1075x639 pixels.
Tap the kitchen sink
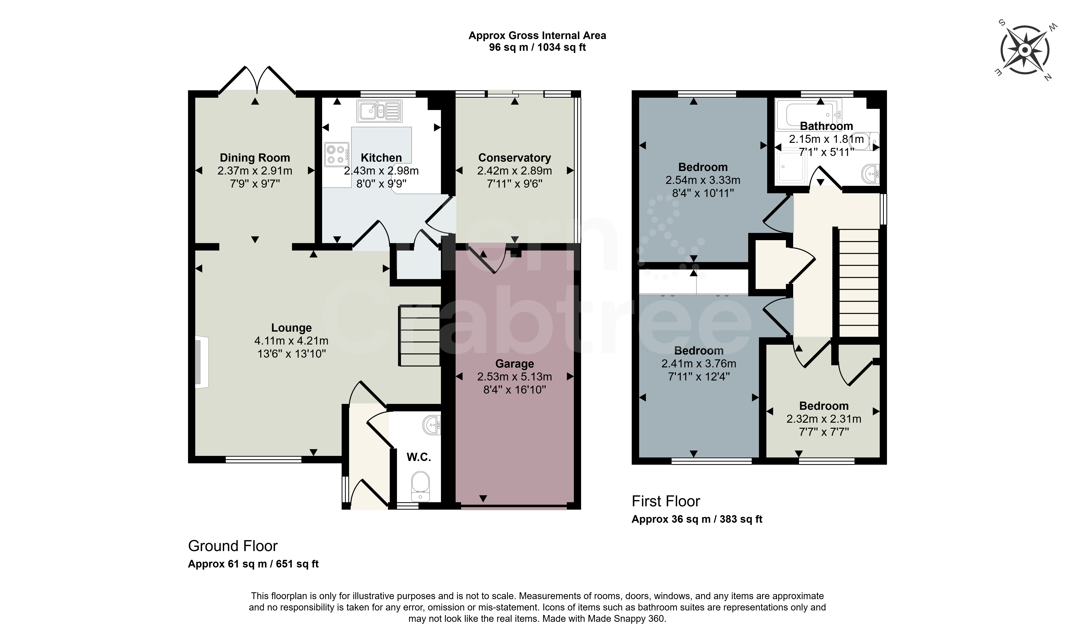(379, 111)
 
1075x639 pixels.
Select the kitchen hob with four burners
(337, 154)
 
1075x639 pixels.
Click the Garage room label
(515, 364)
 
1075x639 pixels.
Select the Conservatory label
(515, 158)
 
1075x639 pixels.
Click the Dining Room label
(255, 158)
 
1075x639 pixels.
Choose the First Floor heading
(666, 501)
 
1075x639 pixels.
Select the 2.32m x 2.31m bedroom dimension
(824, 419)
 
